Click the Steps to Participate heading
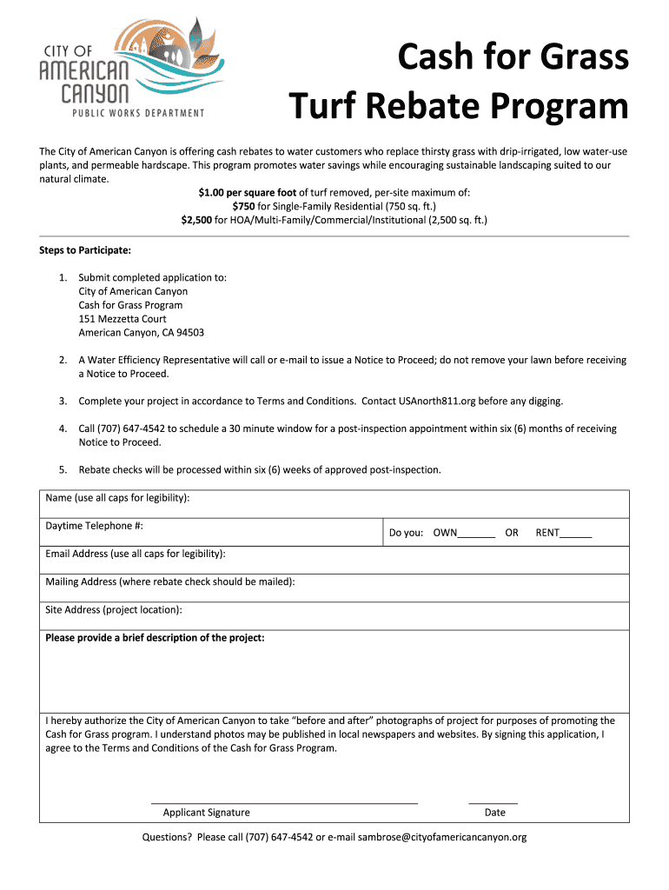click(x=85, y=250)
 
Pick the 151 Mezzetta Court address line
click(x=123, y=319)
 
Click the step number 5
click(x=63, y=470)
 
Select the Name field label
click(x=117, y=498)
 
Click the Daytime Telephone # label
click(x=94, y=526)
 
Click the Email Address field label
click(x=135, y=554)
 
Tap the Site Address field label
click(x=113, y=610)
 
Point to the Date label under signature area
click(x=494, y=813)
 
